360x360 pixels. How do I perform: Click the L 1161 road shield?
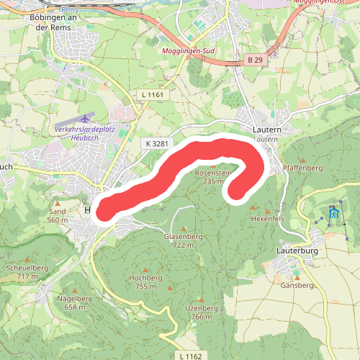(x=153, y=94)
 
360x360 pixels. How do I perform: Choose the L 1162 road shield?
(x=191, y=356)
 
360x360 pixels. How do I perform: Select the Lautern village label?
(x=267, y=129)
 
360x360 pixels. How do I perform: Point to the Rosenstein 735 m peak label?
(x=212, y=177)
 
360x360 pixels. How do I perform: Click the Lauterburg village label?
(x=297, y=251)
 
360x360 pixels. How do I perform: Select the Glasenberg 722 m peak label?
(x=182, y=240)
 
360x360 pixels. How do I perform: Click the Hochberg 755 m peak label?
(x=146, y=282)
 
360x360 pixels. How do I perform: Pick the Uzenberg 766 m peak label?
(x=202, y=312)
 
